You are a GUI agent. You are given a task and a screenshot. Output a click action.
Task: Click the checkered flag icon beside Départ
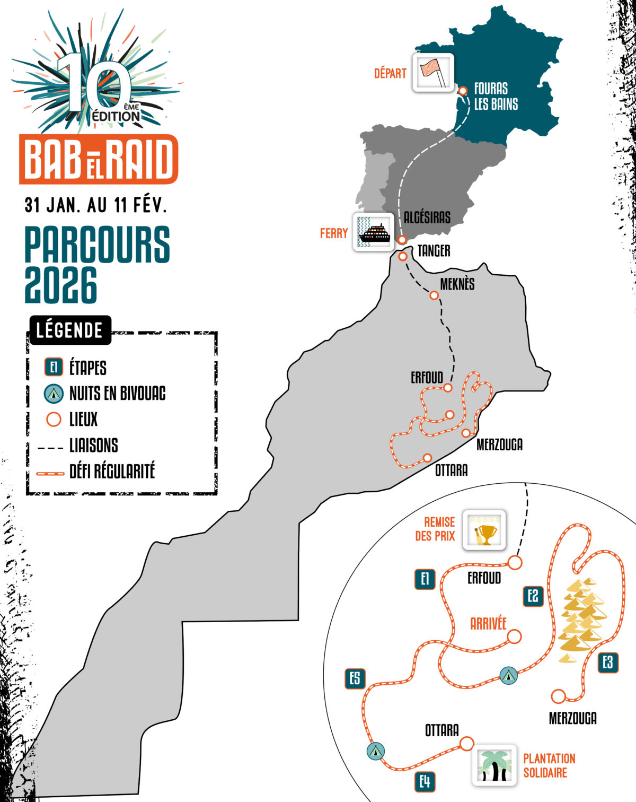pos(433,73)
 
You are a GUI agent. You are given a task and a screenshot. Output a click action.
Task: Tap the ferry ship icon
pos(374,232)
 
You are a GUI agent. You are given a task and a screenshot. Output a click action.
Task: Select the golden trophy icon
pos(484,530)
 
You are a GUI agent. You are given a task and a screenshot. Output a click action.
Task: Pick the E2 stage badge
pos(533,596)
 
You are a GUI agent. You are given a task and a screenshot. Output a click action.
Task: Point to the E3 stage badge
pos(608,662)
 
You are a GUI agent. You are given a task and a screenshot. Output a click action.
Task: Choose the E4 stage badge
pos(425,781)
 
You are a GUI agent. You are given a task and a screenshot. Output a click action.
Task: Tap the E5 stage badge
pos(355,678)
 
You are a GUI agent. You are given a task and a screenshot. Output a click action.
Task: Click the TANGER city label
pos(434,251)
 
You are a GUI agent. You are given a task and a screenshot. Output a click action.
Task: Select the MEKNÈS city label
pos(457,284)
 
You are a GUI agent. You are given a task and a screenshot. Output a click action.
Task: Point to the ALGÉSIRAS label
pos(427,217)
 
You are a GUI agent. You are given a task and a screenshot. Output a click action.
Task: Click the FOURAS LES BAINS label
pos(496,97)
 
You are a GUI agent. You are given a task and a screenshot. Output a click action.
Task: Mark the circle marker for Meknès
pos(434,295)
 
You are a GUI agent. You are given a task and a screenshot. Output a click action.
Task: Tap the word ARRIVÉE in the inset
pos(488,624)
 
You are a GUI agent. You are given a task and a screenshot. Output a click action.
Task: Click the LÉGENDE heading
pos(69,330)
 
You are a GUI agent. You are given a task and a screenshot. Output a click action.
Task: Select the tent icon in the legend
pos(54,393)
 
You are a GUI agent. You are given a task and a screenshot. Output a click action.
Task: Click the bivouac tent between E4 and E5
pos(375,751)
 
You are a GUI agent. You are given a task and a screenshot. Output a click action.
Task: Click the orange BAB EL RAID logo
pos(99,159)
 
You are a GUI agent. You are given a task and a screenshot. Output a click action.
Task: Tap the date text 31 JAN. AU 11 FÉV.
pos(95,205)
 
